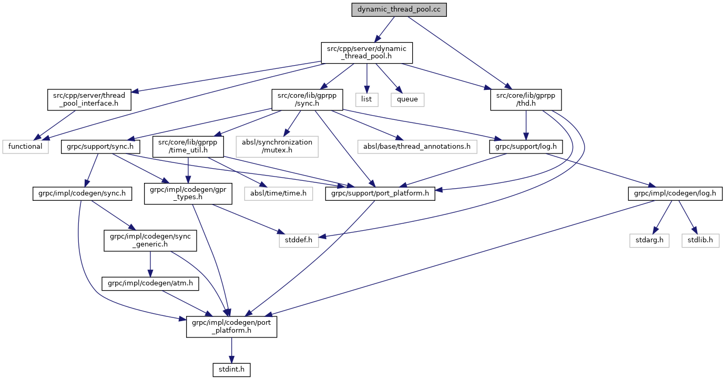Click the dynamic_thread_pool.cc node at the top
pyautogui.click(x=399, y=11)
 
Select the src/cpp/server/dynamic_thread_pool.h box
pyautogui.click(x=367, y=53)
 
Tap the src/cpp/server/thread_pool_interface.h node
pyautogui.click(x=87, y=100)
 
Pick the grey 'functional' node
pyautogui.click(x=25, y=146)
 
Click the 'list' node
pyautogui.click(x=366, y=98)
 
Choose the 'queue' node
pyautogui.click(x=407, y=98)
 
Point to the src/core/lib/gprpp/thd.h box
pyautogui.click(x=526, y=100)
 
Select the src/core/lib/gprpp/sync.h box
pyautogui.click(x=307, y=100)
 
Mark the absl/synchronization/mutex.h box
pyautogui.click(x=277, y=147)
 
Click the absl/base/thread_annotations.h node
pyautogui.click(x=416, y=146)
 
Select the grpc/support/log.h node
pyautogui.click(x=526, y=146)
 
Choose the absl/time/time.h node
pyautogui.click(x=278, y=193)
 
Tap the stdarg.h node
pyautogui.click(x=649, y=240)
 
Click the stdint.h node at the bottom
pyautogui.click(x=231, y=369)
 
